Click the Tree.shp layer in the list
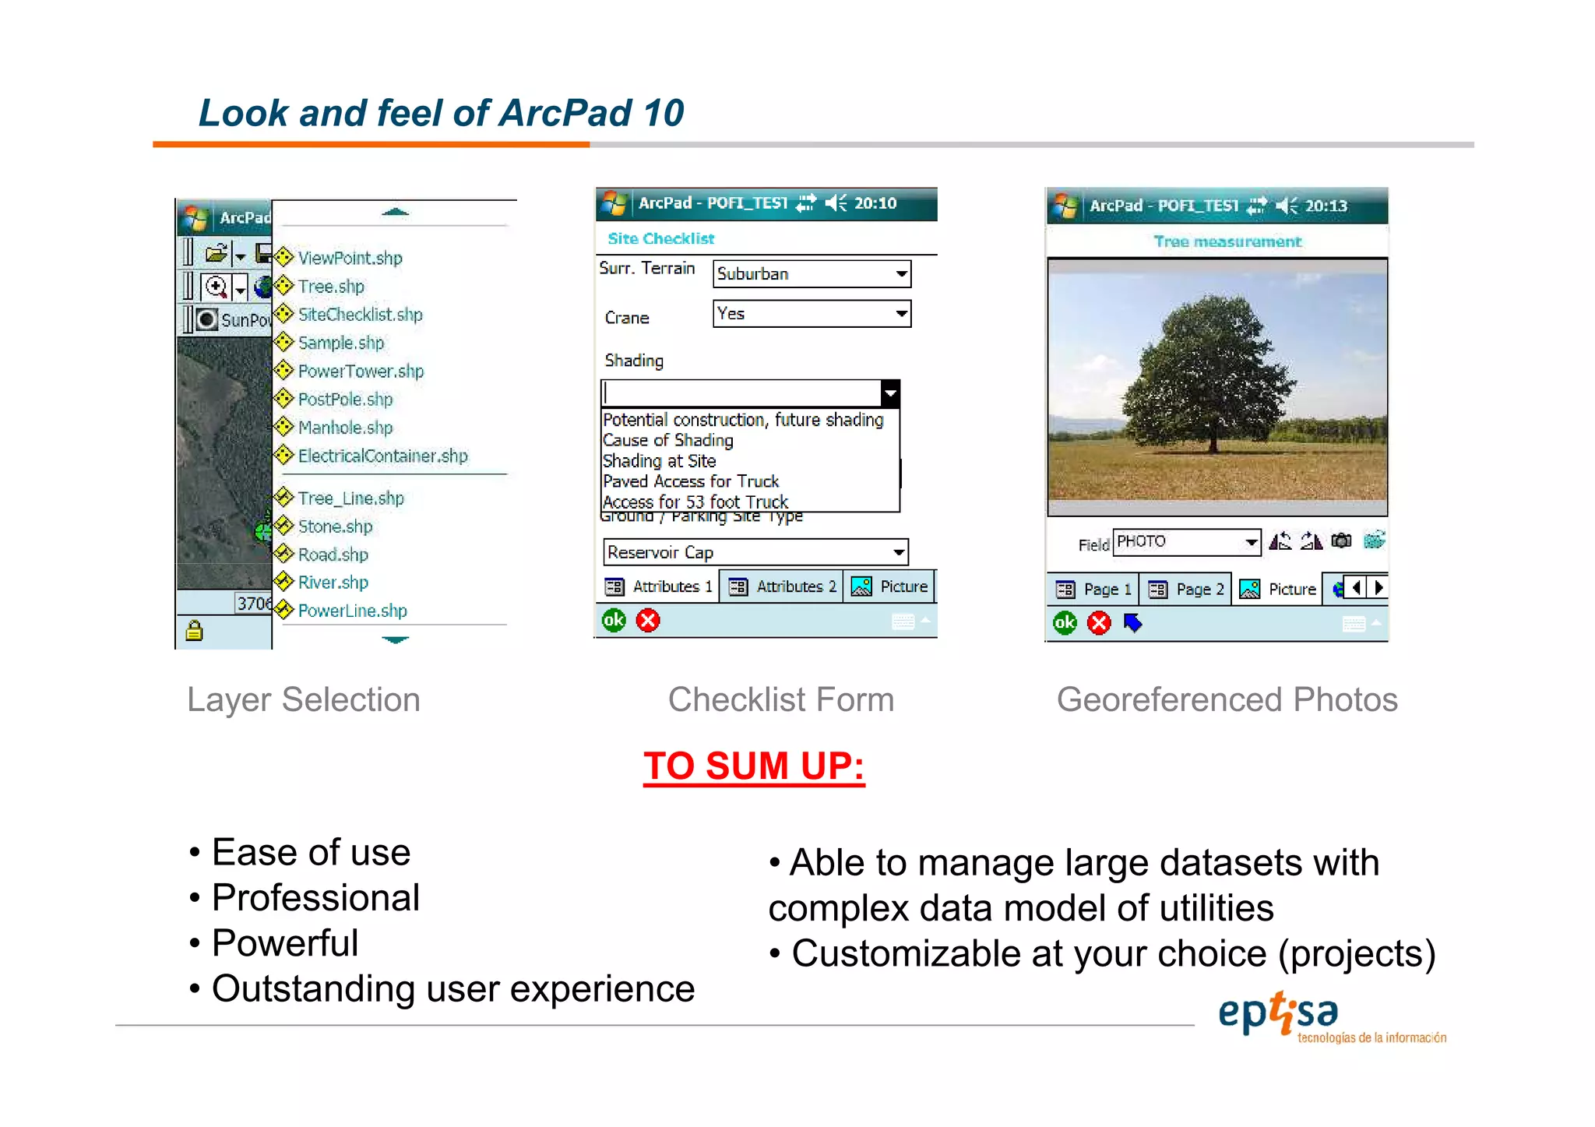point(330,287)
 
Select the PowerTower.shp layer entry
point(360,372)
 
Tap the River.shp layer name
point(333,583)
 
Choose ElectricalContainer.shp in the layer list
point(382,456)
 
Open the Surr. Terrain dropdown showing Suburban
point(812,274)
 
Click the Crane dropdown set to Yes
point(812,315)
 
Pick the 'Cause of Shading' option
point(668,441)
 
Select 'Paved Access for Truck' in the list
point(691,482)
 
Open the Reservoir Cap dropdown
point(755,553)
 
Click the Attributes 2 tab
point(782,587)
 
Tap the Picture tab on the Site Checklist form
point(890,587)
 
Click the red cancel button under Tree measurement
point(1099,623)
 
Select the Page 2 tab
point(1185,590)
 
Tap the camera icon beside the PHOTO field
point(1341,541)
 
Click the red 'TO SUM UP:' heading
point(754,766)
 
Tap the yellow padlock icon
point(194,630)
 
